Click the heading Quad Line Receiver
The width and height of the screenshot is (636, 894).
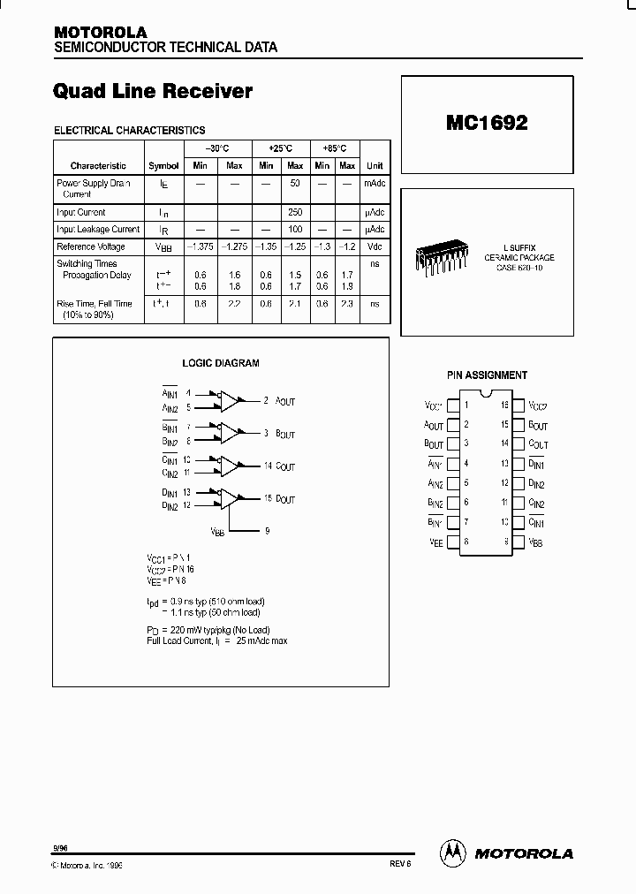(x=153, y=91)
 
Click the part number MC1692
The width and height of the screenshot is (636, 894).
(x=486, y=124)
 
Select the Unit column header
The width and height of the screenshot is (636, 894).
(x=375, y=165)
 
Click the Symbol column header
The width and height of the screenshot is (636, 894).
(x=163, y=165)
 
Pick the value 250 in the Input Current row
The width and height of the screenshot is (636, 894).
(x=295, y=212)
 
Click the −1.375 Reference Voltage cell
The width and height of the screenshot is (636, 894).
(x=201, y=246)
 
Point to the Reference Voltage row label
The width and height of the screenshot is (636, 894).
(x=91, y=246)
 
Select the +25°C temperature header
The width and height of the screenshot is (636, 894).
(x=280, y=148)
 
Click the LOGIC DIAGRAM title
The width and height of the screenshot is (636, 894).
(x=221, y=363)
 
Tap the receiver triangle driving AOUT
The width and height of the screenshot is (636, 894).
(x=230, y=401)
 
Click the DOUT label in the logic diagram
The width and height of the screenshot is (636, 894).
(x=285, y=500)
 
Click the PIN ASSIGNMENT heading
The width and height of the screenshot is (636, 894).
(x=487, y=375)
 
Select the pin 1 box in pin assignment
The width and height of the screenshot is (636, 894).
(x=452, y=406)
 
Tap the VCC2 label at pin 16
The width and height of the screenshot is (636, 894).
(x=538, y=406)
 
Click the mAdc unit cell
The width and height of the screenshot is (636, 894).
(x=375, y=183)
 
